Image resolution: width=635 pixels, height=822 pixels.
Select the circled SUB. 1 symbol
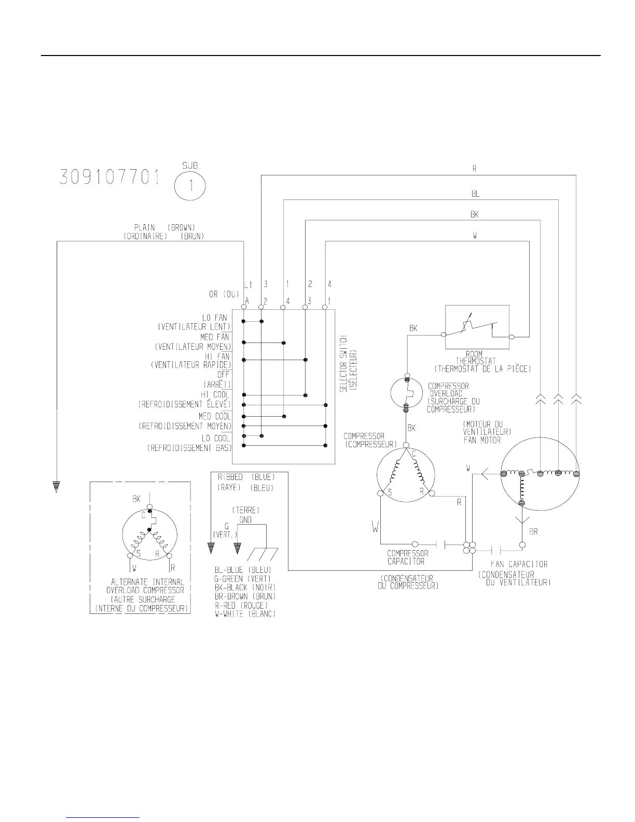coord(190,186)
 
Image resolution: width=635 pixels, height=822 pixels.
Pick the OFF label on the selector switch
coord(224,374)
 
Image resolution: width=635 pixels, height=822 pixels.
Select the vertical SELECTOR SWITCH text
coord(347,364)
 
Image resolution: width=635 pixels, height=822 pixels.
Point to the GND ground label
coord(245,519)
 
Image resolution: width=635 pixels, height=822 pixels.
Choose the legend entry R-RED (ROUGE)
coord(241,605)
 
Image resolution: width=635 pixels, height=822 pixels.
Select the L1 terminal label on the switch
coord(247,284)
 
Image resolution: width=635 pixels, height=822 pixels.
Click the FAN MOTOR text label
coord(482,440)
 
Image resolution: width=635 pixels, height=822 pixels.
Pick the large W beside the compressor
coord(376,528)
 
